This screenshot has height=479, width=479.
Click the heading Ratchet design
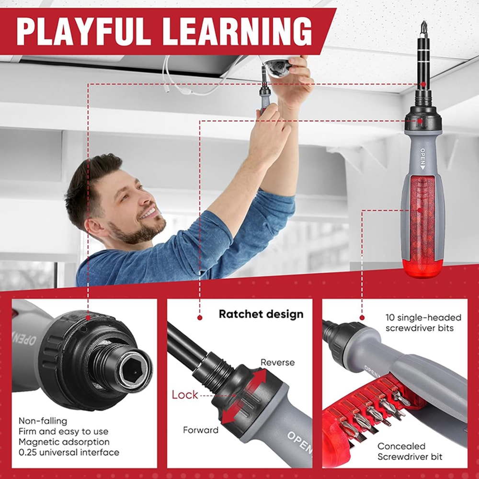tap(261, 314)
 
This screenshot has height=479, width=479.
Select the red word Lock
tap(185, 395)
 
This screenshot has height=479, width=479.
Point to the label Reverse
tap(277, 362)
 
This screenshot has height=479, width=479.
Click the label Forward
tap(201, 430)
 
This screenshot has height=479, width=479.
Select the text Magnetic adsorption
tap(64, 442)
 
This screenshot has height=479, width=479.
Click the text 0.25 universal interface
tap(69, 452)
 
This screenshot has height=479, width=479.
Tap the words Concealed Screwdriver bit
tap(410, 451)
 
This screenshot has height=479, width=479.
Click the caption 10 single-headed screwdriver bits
tap(423, 323)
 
